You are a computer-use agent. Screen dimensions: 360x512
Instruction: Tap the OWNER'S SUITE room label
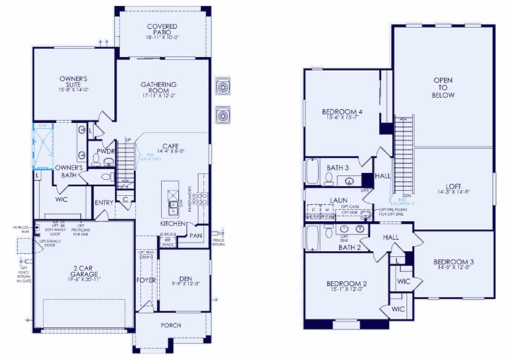pos(74,82)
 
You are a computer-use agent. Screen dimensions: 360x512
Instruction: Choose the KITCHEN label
pos(172,224)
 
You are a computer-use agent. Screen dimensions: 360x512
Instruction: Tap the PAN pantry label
pos(197,236)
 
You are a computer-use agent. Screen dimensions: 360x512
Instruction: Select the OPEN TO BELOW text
pos(444,88)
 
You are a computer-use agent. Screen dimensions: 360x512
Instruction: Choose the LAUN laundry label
pos(338,200)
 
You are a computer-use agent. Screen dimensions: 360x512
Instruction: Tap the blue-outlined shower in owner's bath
pos(43,145)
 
